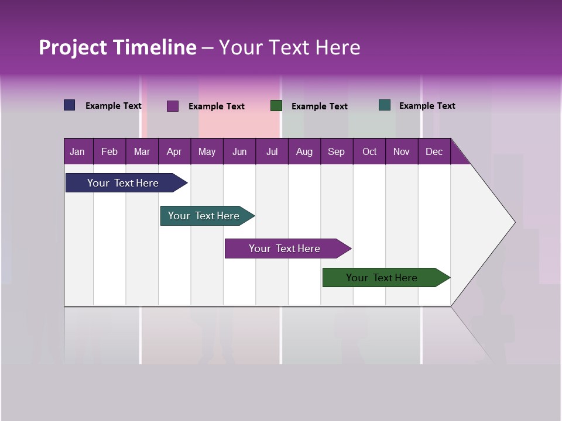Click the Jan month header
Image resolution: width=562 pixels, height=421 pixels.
coord(77,152)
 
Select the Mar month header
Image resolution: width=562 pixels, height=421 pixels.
coord(142,152)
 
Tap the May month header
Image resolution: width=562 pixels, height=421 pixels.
coord(207,152)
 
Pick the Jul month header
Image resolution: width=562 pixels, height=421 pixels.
coord(272,152)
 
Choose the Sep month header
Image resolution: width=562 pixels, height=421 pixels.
coord(336,152)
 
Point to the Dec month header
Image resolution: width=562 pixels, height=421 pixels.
coord(434,152)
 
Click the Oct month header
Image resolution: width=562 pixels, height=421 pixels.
coord(369,152)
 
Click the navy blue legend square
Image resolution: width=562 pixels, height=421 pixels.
coord(70,105)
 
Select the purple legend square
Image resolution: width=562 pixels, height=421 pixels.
coord(173,106)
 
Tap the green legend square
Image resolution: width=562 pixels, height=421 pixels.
coord(276,106)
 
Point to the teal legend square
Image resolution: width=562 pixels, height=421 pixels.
coord(385,105)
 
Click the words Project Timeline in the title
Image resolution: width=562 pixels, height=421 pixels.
coord(118,47)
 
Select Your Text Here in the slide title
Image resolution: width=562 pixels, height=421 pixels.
coord(289,47)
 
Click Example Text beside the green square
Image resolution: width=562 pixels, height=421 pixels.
coord(319,106)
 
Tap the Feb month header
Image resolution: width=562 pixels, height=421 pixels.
coord(109,152)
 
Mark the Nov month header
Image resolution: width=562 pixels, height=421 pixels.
coord(402,152)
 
